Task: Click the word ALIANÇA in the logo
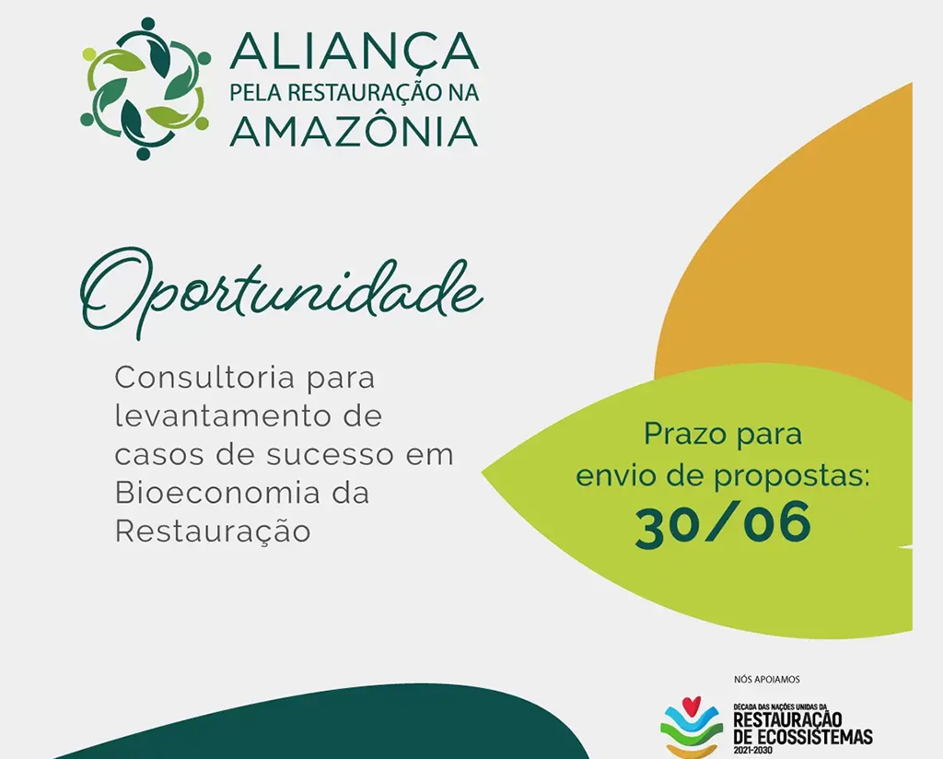tap(355, 51)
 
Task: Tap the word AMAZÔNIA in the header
tap(355, 130)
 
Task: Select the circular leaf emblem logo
tap(146, 88)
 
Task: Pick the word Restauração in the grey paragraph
tap(213, 531)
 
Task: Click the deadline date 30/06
tap(723, 524)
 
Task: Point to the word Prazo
tap(683, 434)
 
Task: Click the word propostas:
tap(792, 477)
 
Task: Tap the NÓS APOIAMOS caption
tap(767, 680)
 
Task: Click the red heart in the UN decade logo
tap(692, 703)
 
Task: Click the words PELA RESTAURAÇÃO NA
tap(355, 93)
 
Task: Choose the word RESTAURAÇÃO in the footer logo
tap(788, 720)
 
